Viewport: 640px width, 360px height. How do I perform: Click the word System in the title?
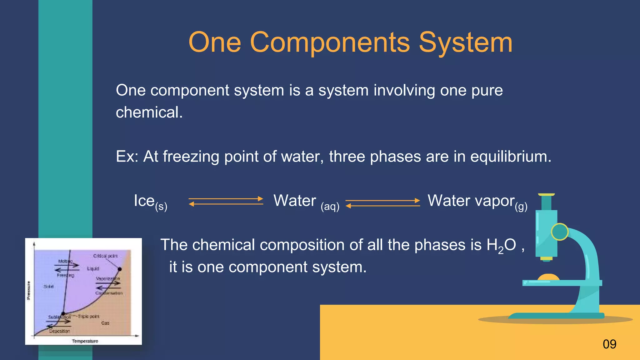(466, 42)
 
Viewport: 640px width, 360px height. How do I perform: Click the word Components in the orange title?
(330, 42)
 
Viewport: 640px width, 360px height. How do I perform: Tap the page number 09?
(609, 344)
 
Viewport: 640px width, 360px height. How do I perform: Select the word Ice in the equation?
(144, 201)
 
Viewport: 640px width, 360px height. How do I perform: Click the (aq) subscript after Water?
(330, 206)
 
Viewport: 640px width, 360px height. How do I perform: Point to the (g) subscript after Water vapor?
(521, 207)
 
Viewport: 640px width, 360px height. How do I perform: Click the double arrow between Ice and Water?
(226, 201)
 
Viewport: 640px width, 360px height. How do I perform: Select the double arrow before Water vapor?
(383, 203)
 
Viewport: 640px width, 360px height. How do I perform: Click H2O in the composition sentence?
(501, 245)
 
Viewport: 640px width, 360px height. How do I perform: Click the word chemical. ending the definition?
(149, 112)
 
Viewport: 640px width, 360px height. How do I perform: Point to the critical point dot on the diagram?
(120, 269)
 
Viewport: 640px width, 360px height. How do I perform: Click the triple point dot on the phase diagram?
(63, 313)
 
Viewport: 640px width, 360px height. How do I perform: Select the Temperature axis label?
(85, 341)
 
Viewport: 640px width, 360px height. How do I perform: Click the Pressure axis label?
(29, 291)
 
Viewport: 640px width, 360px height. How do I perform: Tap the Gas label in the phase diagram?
(105, 323)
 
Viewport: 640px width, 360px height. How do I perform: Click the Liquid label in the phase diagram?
(93, 268)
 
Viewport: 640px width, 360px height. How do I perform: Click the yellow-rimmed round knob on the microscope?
(560, 232)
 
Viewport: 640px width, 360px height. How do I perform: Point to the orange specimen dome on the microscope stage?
(548, 277)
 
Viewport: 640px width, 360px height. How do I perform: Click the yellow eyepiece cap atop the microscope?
(547, 195)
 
